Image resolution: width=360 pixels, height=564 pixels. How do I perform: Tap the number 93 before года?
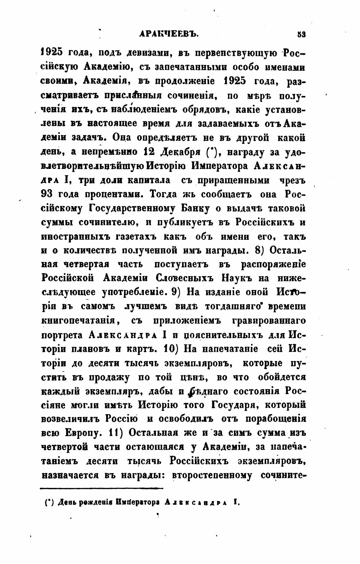[x=47, y=194]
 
